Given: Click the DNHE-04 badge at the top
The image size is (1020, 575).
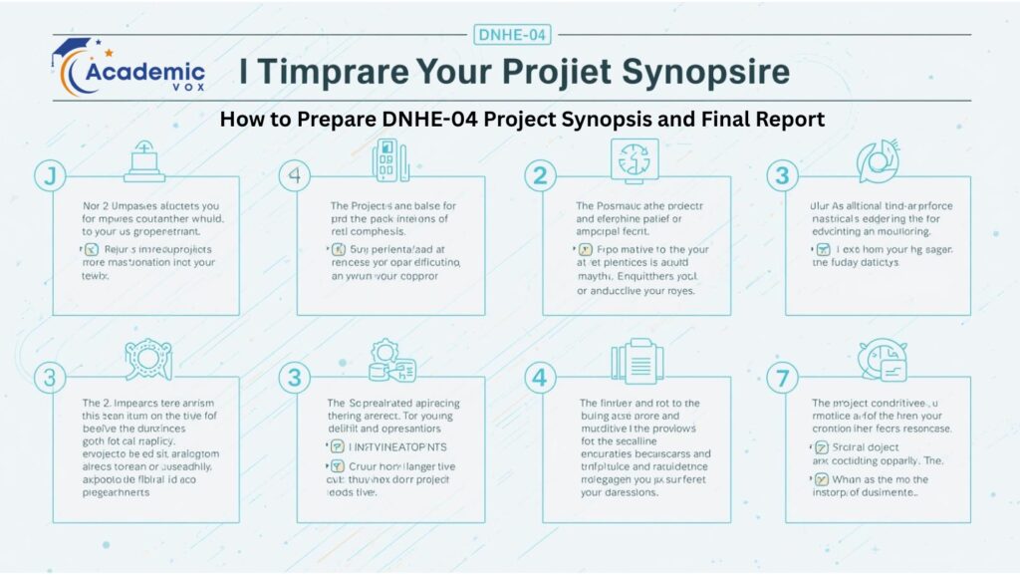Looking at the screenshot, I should (x=510, y=35).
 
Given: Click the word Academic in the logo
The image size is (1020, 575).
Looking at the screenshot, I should (x=145, y=72).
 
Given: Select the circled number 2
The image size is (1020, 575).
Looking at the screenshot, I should (x=540, y=176).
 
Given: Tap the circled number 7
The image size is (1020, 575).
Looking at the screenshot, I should (x=782, y=378).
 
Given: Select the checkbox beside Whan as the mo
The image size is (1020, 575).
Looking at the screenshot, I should (x=822, y=478).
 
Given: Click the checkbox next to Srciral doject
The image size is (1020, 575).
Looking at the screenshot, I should (x=822, y=446).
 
